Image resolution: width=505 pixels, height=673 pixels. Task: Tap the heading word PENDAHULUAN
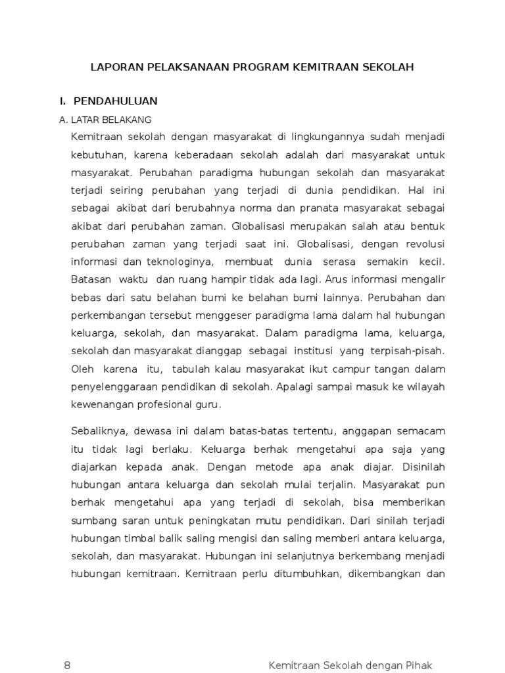(x=116, y=101)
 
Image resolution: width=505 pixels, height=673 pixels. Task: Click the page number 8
(x=67, y=665)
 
